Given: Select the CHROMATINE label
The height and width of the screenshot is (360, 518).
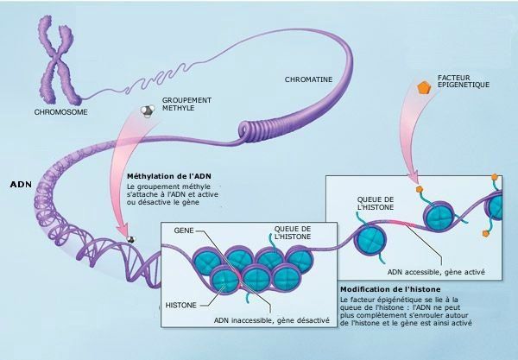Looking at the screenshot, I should tap(308, 80).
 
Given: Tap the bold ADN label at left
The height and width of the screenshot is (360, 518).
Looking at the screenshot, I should tap(20, 185).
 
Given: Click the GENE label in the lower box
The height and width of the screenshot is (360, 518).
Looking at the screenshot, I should tap(184, 231).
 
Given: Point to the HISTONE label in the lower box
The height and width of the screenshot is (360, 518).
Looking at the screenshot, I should tap(182, 305).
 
